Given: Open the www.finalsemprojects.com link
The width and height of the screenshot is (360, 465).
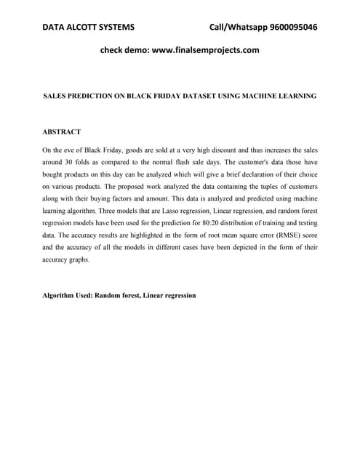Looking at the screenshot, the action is click(x=204, y=51).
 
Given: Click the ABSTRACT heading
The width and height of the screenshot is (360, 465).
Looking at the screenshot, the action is click(x=62, y=132).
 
